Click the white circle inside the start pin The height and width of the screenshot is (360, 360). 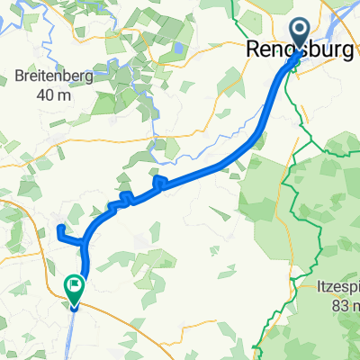(299, 33)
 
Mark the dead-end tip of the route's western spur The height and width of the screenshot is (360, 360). (59, 228)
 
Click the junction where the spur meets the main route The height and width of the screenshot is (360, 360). (85, 242)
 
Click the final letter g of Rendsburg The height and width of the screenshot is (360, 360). (353, 53)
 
